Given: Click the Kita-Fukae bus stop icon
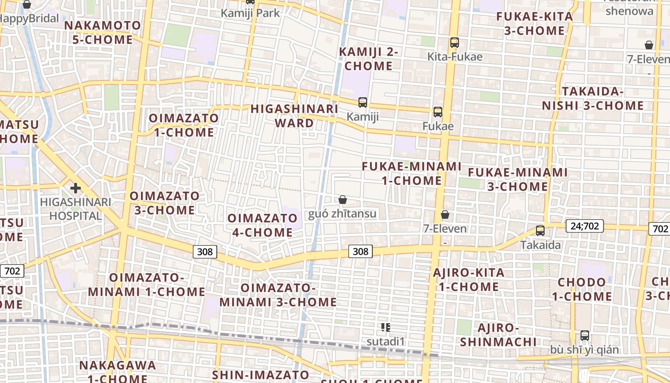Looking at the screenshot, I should pyautogui.click(x=455, y=43).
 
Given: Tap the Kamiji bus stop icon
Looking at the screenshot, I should pyautogui.click(x=363, y=102).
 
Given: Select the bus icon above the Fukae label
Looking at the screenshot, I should pyautogui.click(x=438, y=112).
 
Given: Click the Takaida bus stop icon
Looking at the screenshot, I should pyautogui.click(x=540, y=230).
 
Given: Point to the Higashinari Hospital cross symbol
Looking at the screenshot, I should pyautogui.click(x=75, y=188).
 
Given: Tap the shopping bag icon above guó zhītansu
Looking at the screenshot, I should pyautogui.click(x=343, y=200).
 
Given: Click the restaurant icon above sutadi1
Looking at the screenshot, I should pyautogui.click(x=386, y=327).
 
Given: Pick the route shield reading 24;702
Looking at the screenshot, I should pyautogui.click(x=584, y=226).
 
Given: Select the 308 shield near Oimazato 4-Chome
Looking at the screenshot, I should pyautogui.click(x=205, y=251).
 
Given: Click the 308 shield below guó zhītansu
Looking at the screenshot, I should pyautogui.click(x=360, y=251).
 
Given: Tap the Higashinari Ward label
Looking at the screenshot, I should pyautogui.click(x=295, y=116).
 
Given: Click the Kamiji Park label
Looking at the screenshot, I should pyautogui.click(x=250, y=13).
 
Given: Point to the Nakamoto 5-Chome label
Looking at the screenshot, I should pyautogui.click(x=103, y=33).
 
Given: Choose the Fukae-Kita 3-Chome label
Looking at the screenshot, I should pyautogui.click(x=535, y=23).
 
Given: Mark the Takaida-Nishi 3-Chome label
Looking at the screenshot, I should pyautogui.click(x=593, y=99).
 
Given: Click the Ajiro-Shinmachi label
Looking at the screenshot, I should pyautogui.click(x=499, y=335).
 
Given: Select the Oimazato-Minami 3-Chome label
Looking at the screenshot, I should pyautogui.click(x=278, y=295).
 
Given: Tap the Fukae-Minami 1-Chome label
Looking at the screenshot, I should pyautogui.click(x=412, y=173).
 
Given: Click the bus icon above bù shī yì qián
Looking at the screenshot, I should pyautogui.click(x=585, y=335).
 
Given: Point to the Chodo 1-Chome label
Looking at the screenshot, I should pyautogui.click(x=582, y=289).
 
